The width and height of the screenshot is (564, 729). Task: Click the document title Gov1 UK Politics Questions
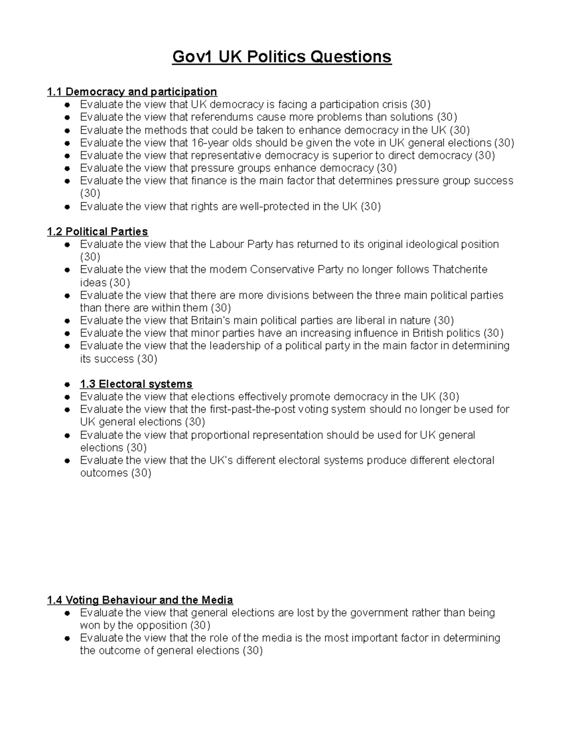click(282, 57)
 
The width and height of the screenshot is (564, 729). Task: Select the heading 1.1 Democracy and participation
click(132, 92)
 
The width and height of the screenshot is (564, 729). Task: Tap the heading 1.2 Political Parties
click(97, 231)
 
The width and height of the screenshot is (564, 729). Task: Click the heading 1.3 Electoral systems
click(136, 384)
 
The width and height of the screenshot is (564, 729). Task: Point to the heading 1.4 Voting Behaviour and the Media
click(140, 600)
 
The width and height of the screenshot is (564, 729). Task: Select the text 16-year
click(210, 143)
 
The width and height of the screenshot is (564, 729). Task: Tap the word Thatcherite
click(460, 269)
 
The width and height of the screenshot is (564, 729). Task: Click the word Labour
click(227, 244)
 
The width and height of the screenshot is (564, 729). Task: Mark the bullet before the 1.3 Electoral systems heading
click(68, 384)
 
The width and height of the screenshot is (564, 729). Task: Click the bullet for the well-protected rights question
click(68, 207)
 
